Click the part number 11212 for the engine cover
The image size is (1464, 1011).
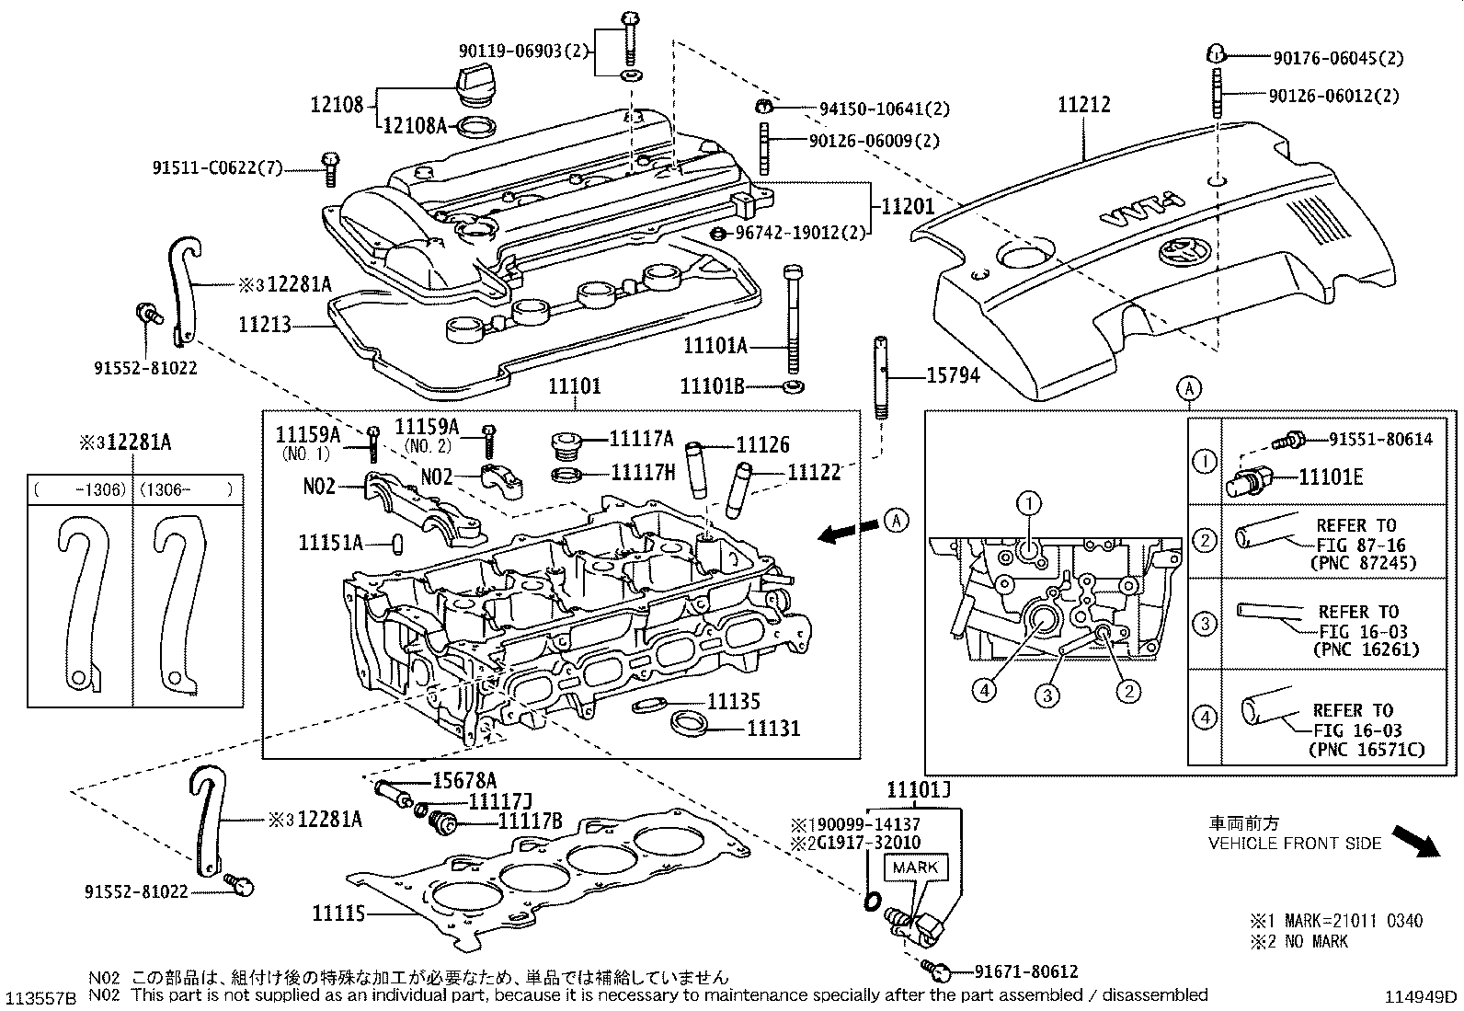pos(1083,105)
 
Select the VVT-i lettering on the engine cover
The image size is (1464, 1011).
pos(1140,215)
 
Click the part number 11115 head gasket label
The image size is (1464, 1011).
pos(337,913)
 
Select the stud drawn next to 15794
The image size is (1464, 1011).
pos(881,378)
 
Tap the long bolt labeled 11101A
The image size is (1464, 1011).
pos(794,317)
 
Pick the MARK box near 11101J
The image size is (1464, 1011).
pos(915,867)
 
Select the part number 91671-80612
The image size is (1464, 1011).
pos(1026,971)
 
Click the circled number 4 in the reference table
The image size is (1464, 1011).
pos(1204,717)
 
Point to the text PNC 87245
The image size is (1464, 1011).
pos(1366,563)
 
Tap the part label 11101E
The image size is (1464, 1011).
pos(1330,477)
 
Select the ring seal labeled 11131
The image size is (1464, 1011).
pos(689,722)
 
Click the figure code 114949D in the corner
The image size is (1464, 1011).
pos(1423,996)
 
